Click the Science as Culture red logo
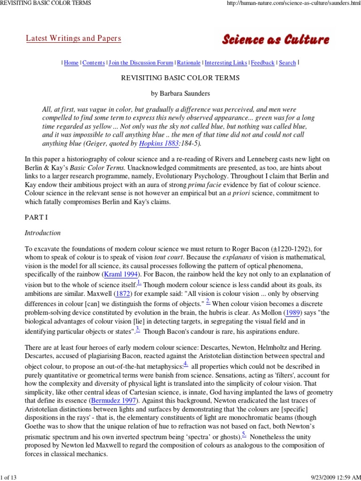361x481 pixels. pos(275,40)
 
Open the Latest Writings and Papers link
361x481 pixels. pos(73,39)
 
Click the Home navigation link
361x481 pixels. pos(71,63)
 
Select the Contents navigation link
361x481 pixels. pos(94,63)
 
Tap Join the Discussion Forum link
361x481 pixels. pos(141,63)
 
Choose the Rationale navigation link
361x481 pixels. pos(189,63)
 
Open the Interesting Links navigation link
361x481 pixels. pos(226,63)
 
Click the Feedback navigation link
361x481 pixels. pos(263,63)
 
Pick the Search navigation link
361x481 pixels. pos(287,63)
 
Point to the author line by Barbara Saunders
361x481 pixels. pos(181,93)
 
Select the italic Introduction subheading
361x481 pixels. pos(42,233)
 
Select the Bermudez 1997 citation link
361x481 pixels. pos(115,401)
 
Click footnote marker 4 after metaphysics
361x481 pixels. pos(186,365)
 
